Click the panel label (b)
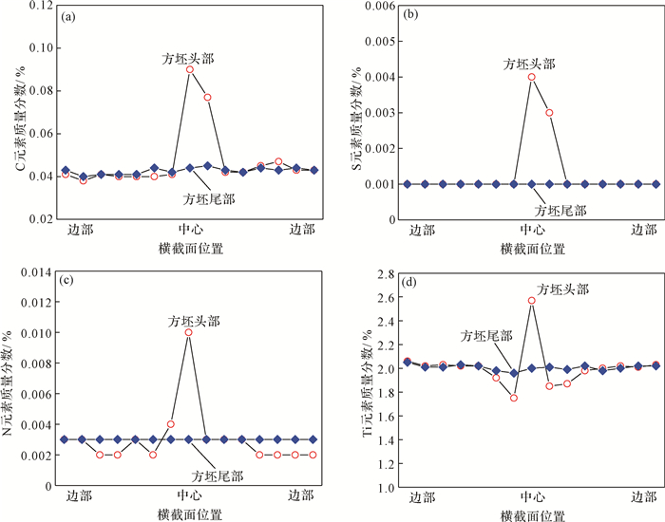[x=410, y=17]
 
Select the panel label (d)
[x=410, y=280]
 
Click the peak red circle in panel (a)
[x=190, y=69]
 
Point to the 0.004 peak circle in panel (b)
[x=532, y=77]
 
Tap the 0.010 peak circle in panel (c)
[x=189, y=333]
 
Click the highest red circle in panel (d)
[x=532, y=301]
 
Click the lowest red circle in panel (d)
[x=514, y=398]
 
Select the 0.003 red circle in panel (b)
[x=549, y=113]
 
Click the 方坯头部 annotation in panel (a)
[x=187, y=58]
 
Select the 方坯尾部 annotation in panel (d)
[x=486, y=336]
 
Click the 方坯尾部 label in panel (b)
[x=560, y=209]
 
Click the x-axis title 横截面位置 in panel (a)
[x=191, y=249]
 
